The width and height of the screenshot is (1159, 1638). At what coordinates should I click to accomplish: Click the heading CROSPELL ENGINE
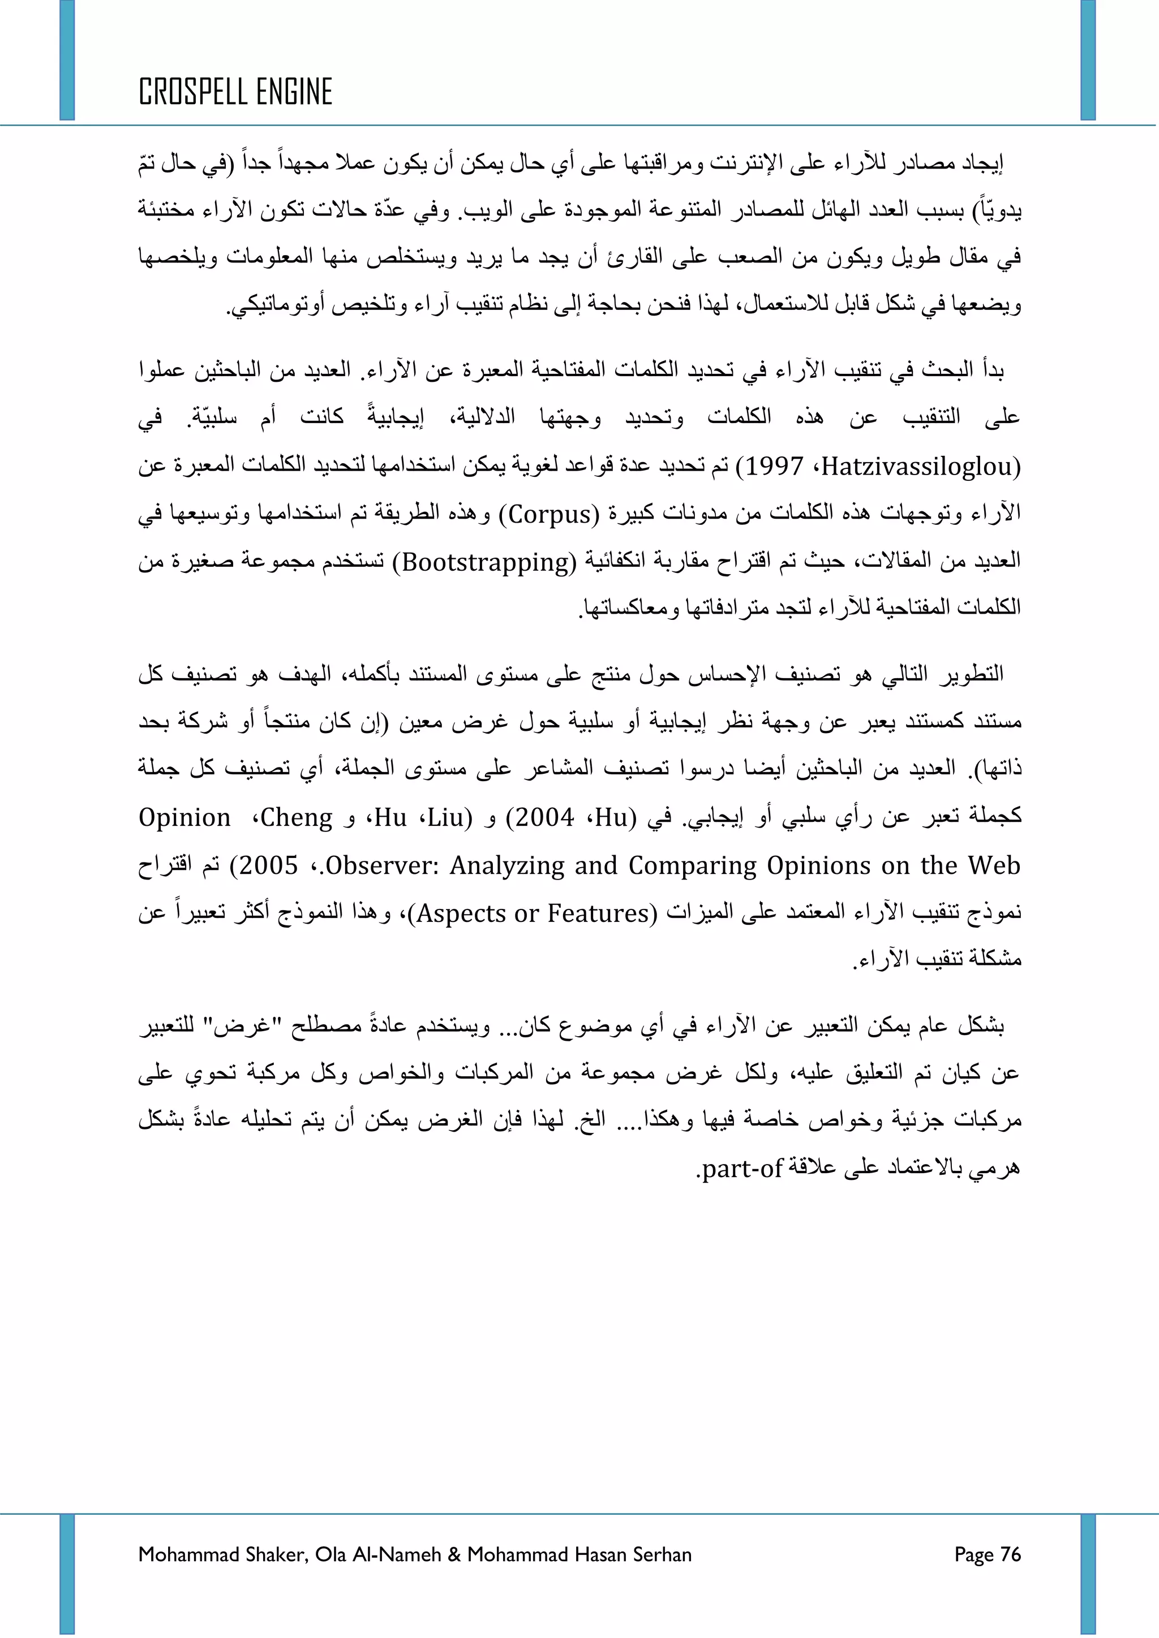235,92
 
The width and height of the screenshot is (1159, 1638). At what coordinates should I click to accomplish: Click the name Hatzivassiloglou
920,467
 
